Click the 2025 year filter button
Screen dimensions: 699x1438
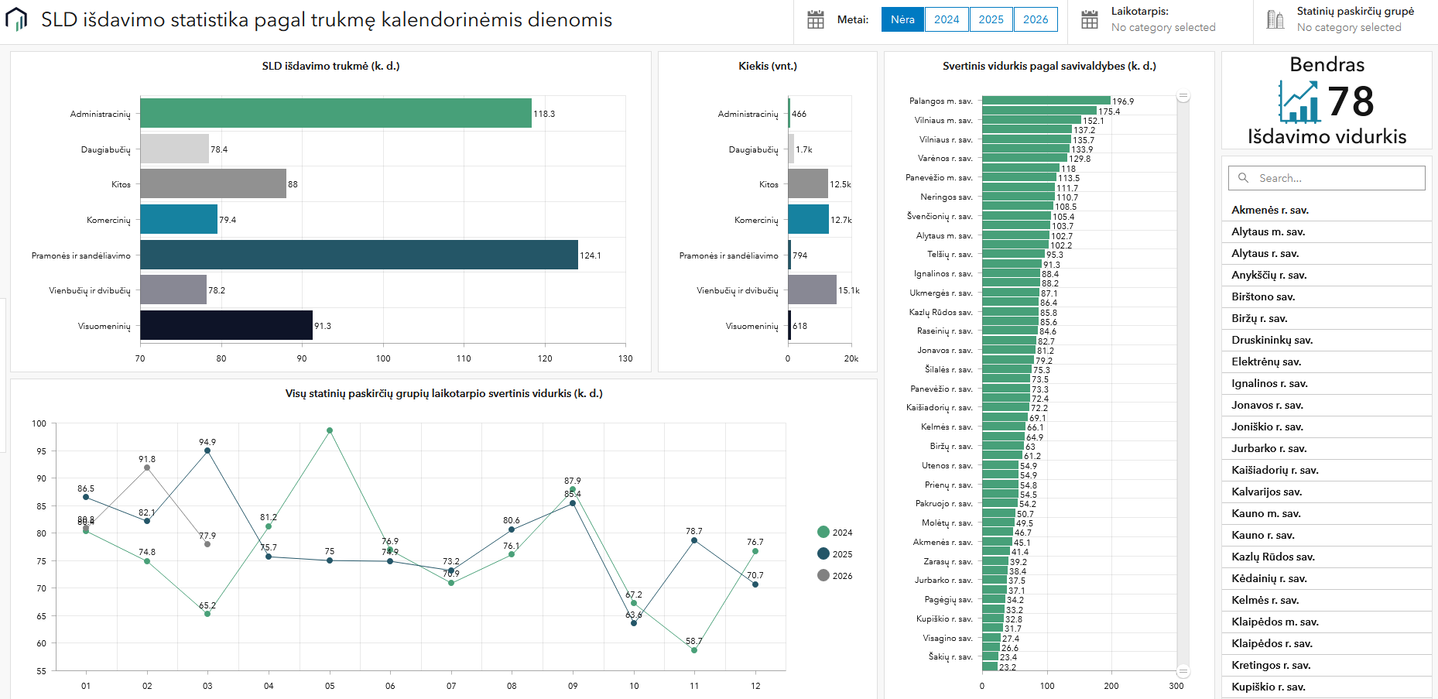point(991,19)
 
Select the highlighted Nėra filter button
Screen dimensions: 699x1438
point(902,19)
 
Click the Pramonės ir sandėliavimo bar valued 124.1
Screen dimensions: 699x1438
point(358,255)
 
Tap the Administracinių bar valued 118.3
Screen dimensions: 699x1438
point(335,113)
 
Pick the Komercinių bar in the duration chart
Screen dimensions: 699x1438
point(179,220)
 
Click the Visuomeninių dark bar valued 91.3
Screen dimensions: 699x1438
point(226,325)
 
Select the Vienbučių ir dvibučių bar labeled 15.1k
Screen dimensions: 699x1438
point(812,290)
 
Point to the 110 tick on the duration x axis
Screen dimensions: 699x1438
point(464,358)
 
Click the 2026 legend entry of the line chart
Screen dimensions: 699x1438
point(834,575)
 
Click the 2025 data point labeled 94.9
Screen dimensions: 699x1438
point(207,451)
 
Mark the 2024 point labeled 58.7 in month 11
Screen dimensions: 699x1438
point(694,650)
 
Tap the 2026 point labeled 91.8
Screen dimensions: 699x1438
point(147,468)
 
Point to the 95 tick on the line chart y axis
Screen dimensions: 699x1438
point(40,451)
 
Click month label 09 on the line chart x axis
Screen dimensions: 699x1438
point(573,686)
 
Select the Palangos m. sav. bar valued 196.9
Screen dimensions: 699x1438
point(1046,101)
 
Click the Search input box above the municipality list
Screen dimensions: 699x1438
point(1327,178)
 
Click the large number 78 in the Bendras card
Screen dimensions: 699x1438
point(1351,101)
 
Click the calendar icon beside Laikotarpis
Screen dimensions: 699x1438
point(1089,19)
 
